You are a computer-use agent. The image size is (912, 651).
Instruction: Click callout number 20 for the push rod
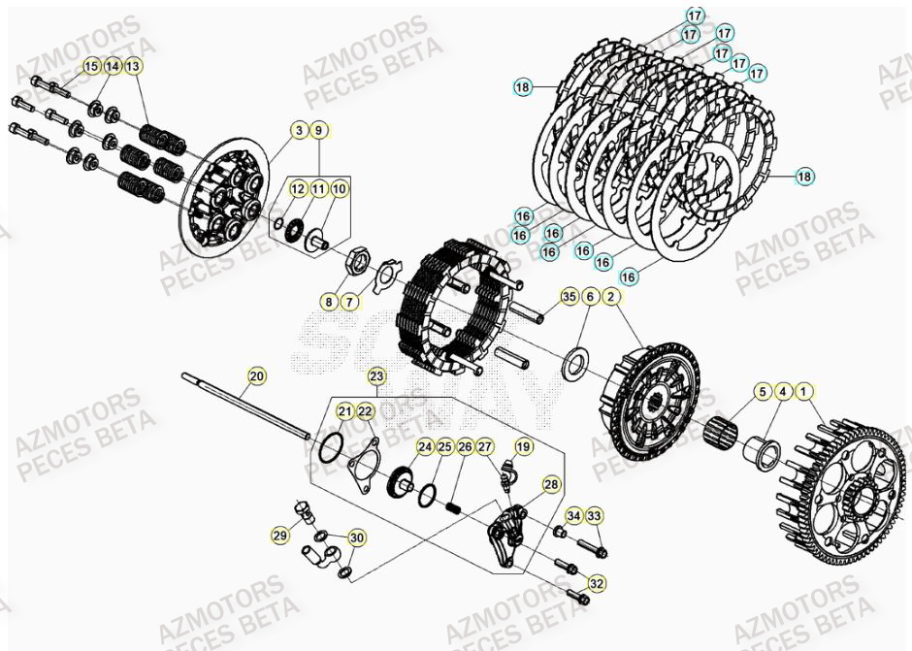[256, 375]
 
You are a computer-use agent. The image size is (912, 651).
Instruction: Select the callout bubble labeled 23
[376, 375]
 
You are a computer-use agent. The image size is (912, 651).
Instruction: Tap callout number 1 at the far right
[804, 392]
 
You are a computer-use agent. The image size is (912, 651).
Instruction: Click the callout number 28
[551, 483]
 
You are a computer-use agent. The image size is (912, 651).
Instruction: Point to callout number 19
[523, 446]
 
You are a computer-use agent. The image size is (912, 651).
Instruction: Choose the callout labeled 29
[280, 535]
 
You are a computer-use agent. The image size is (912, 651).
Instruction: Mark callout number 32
[596, 583]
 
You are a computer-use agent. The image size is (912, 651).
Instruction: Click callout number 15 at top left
[90, 66]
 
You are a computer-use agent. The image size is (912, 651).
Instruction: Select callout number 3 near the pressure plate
[300, 130]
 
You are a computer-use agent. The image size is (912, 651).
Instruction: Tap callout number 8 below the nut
[330, 303]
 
